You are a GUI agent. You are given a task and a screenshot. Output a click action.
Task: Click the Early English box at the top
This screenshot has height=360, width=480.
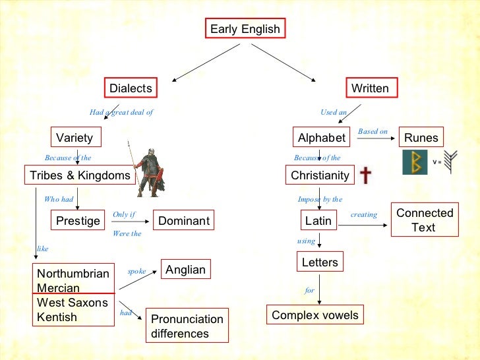coord(245,29)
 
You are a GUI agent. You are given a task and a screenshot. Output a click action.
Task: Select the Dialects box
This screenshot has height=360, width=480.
coord(131,88)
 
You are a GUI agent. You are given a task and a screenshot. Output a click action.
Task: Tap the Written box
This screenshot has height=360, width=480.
coord(370,88)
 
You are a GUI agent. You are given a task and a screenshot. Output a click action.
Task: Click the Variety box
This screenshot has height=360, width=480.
coord(75,138)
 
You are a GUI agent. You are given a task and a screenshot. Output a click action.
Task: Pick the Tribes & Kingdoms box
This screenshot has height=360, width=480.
coord(79,175)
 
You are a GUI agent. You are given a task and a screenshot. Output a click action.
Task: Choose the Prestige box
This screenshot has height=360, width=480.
coord(78,221)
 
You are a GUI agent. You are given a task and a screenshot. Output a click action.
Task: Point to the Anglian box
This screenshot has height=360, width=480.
coord(186,269)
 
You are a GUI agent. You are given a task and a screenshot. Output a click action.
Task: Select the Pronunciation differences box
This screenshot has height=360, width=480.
coord(187,326)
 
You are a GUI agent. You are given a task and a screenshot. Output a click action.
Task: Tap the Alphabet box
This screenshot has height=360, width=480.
coord(322,138)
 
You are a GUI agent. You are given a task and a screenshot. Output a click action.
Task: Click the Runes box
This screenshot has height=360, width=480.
coord(421,138)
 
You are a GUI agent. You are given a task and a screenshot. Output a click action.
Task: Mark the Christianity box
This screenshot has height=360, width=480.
coord(320,175)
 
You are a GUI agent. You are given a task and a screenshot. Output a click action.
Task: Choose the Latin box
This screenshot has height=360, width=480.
coord(319,221)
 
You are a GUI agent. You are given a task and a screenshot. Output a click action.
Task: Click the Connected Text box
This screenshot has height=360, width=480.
coord(424,220)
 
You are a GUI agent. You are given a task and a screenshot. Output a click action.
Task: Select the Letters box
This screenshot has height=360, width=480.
coord(320,262)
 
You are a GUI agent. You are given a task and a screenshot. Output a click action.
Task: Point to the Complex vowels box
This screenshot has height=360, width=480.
coord(315,315)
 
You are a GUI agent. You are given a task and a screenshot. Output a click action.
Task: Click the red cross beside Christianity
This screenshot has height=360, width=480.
coord(365,175)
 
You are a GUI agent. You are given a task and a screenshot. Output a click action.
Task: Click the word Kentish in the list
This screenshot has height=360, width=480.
coord(57,317)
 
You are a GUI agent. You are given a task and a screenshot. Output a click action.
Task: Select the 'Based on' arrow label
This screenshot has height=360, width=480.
coord(373,132)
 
